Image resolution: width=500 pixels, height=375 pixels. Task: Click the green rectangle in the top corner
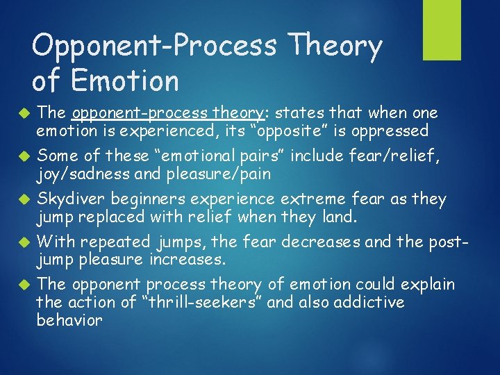tap(442, 30)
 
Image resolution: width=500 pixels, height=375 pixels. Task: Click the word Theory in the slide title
tap(337, 47)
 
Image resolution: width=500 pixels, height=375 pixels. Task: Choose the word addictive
tap(369, 302)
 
